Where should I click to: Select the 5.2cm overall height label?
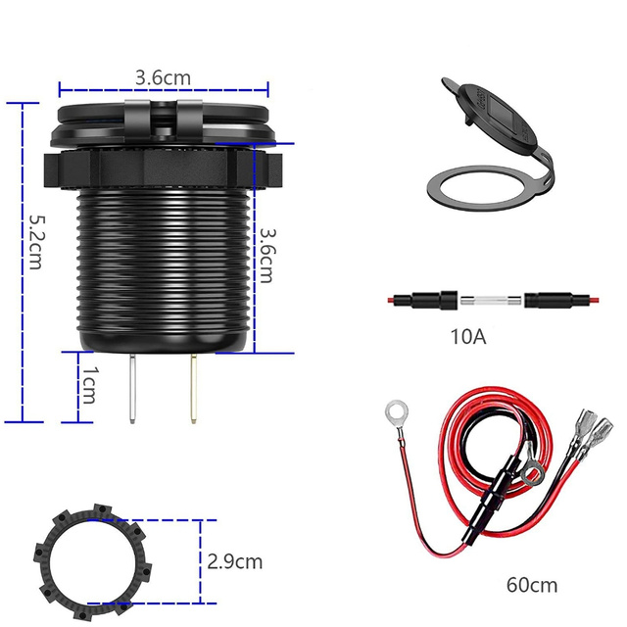click(x=35, y=245)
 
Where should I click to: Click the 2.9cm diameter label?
click(x=235, y=561)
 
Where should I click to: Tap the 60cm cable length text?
click(x=532, y=585)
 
